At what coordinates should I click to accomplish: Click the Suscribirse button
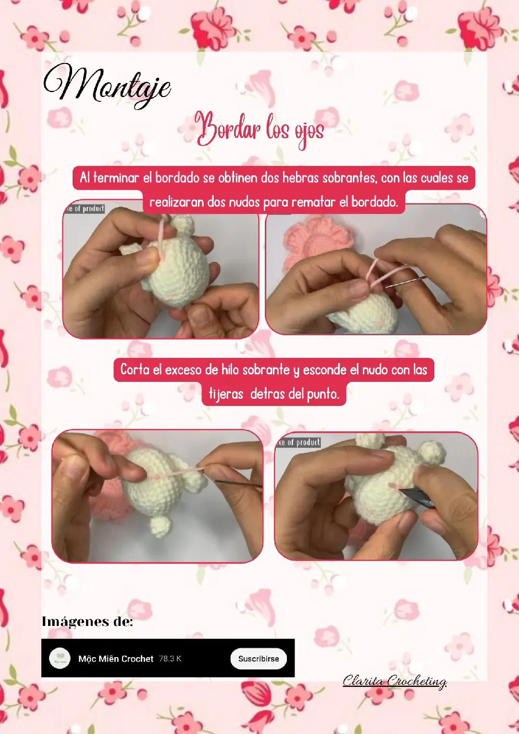coord(259,659)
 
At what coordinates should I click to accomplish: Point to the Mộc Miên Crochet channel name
coord(116,659)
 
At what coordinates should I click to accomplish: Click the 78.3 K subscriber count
coord(170,659)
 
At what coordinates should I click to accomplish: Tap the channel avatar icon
coord(60,658)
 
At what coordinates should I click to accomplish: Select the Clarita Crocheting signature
coord(395,681)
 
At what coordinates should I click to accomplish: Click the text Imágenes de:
coord(87,622)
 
